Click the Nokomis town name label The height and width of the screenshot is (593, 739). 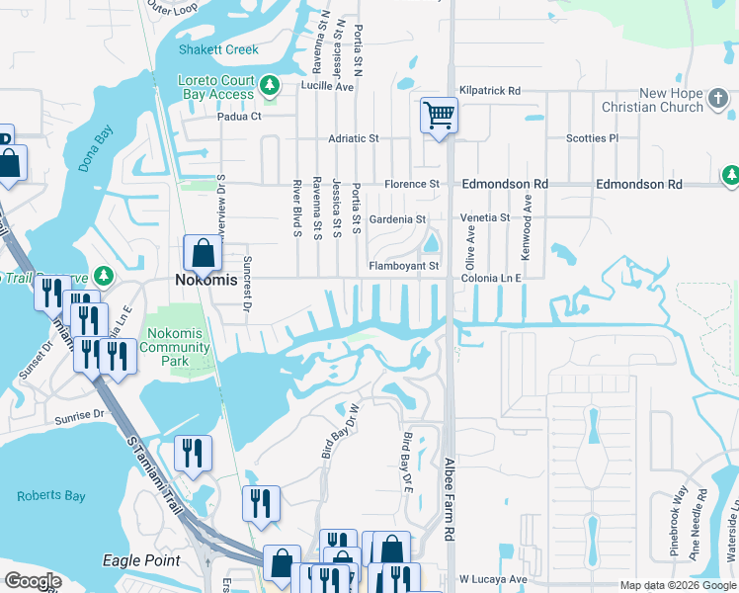click(205, 280)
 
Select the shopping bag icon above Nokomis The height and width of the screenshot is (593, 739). click(203, 253)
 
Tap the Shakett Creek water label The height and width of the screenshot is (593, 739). click(218, 49)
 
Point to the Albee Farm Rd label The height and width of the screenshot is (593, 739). click(449, 484)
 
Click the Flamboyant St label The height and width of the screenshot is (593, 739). click(403, 266)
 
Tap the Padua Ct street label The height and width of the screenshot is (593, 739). click(239, 116)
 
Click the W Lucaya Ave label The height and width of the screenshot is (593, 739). click(494, 578)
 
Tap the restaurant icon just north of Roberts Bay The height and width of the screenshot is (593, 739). click(193, 453)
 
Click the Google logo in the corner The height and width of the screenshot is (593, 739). click(32, 581)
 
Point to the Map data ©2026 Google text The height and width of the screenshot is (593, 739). click(677, 585)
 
